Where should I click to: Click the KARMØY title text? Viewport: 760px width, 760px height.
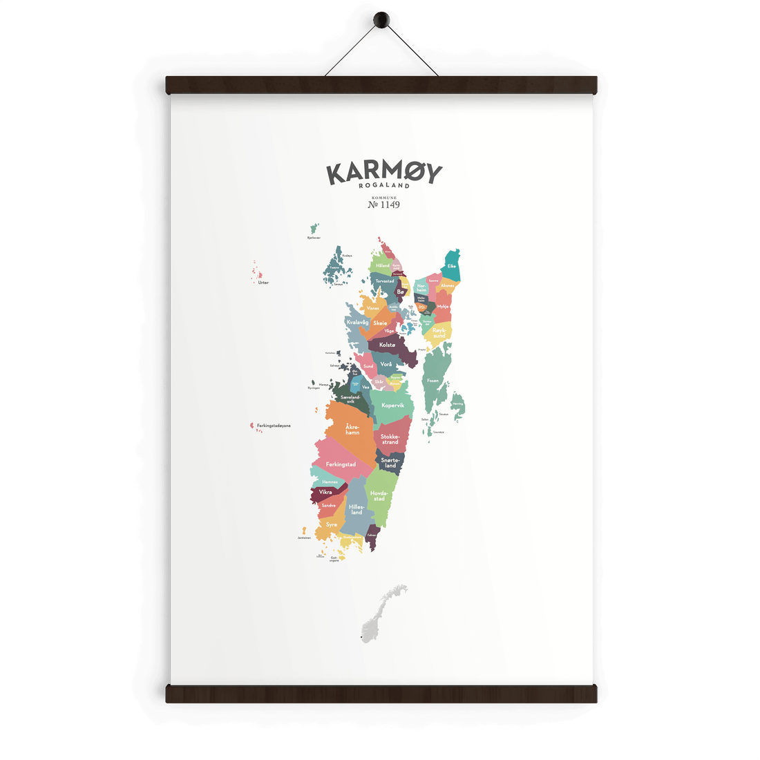coord(383,173)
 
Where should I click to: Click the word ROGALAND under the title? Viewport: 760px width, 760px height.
coord(384,186)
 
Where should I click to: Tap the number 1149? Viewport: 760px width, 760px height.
coord(388,205)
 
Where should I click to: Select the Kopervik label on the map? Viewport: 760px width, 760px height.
coord(392,406)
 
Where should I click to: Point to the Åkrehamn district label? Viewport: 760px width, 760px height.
coord(352,430)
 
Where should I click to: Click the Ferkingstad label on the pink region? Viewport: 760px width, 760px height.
coord(341,464)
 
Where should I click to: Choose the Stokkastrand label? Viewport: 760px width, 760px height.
coord(390,439)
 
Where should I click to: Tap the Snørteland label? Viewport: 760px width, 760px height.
coord(390,463)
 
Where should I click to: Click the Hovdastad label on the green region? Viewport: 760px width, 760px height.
coord(379,495)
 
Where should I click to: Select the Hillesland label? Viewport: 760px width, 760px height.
coord(357,509)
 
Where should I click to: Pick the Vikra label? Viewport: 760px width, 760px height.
coord(325,492)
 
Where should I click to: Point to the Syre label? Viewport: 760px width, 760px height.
coord(332,525)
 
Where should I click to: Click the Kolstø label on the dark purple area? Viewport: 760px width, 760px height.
coord(387,345)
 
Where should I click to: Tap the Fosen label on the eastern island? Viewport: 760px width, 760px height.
coord(433,381)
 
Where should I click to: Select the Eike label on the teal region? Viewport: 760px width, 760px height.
coord(452,266)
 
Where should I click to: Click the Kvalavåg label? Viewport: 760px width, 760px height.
coord(358,323)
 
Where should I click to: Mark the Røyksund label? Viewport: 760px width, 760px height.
coord(439,333)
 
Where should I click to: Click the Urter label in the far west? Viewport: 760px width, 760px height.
coord(263,283)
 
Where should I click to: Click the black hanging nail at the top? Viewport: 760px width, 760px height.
coord(380,20)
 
